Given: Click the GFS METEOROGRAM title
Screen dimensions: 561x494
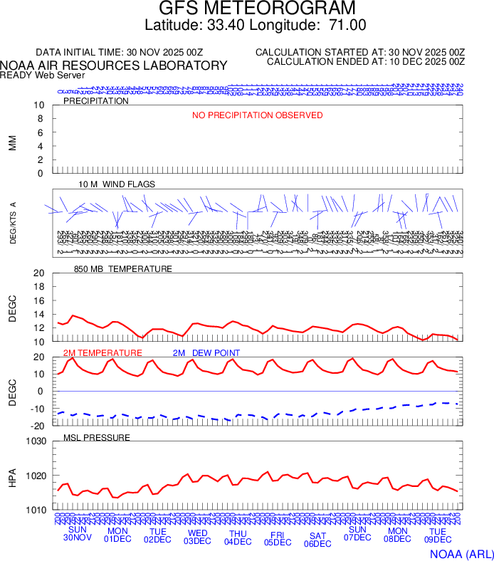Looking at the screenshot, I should (256, 9).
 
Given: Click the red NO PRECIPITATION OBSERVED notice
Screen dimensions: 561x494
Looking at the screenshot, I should (258, 115).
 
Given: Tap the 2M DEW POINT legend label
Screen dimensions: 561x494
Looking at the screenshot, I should (206, 353).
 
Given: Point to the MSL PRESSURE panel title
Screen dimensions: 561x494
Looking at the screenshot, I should (97, 437).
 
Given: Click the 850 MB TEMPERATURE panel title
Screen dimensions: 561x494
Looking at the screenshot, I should (123, 269).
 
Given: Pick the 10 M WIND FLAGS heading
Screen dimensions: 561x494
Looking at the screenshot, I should (117, 184).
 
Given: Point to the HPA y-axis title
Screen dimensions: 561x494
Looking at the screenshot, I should (12, 476).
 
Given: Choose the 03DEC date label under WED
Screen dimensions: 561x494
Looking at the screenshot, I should (198, 540).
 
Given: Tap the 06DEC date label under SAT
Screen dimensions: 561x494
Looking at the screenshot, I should (317, 544).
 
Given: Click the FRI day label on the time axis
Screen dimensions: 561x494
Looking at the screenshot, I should (278, 533).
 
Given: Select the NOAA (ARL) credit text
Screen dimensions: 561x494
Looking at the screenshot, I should (460, 553).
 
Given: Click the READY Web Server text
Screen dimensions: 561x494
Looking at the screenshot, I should (43, 75).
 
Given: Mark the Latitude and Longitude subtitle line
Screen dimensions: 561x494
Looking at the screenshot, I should (256, 25).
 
